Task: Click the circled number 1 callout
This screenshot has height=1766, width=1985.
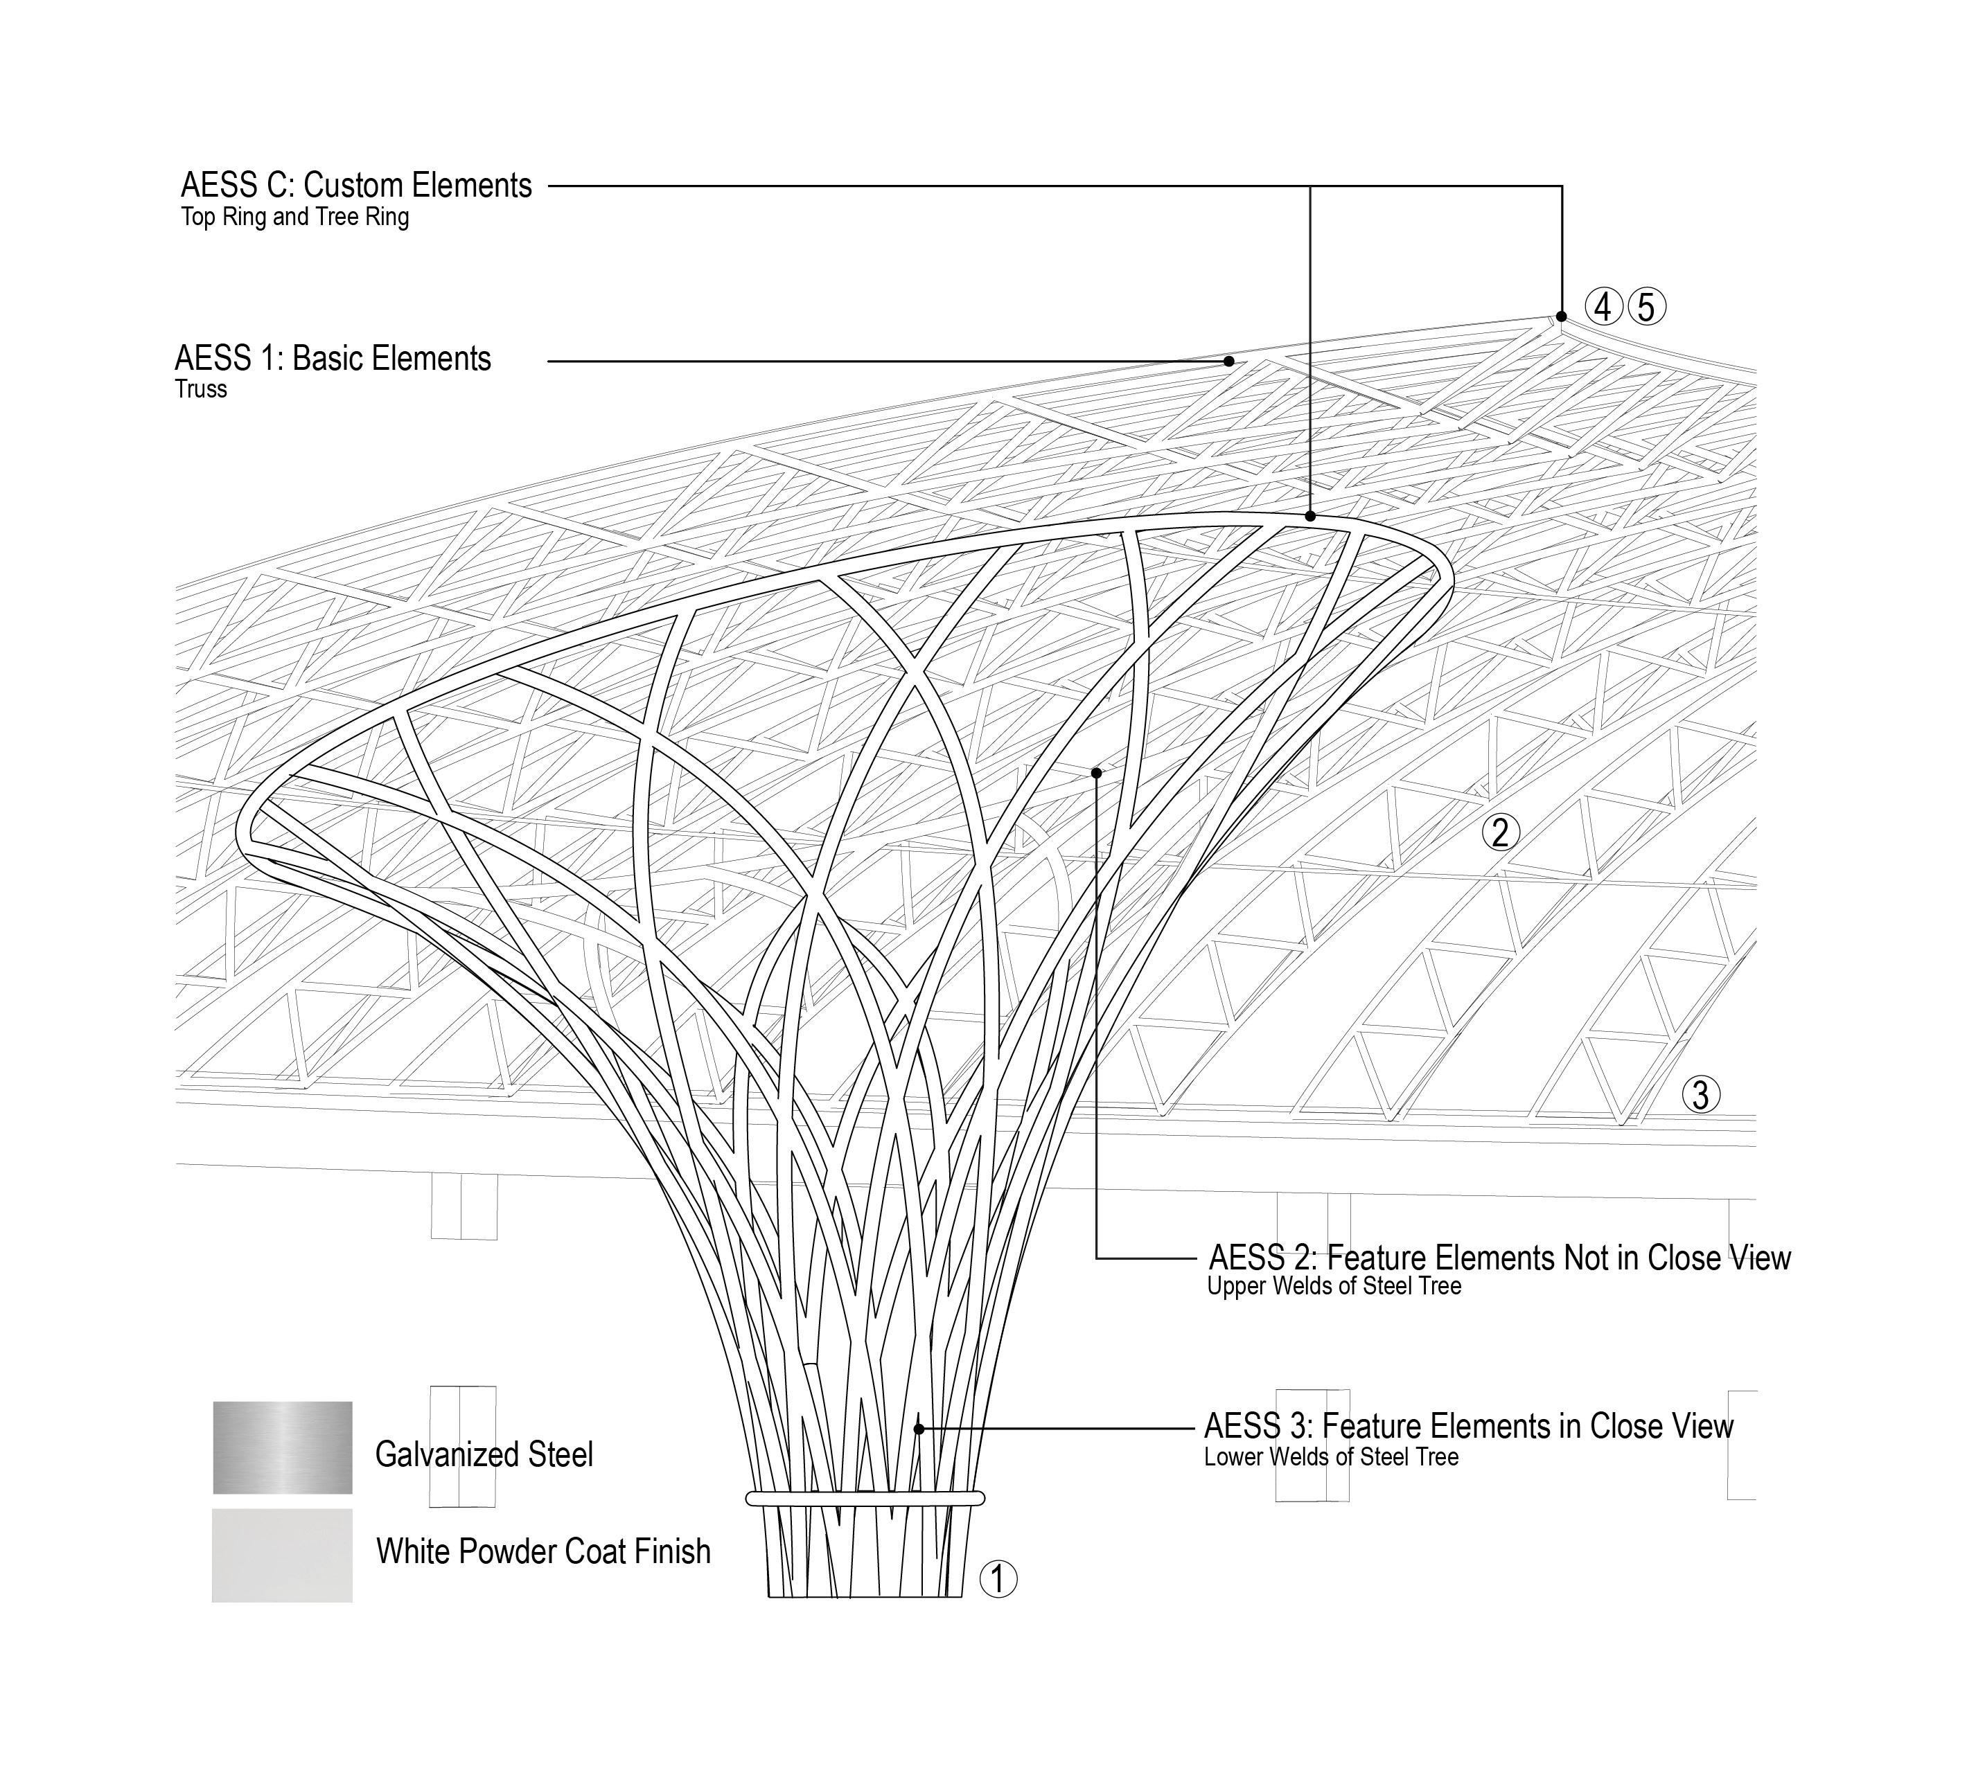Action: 998,1578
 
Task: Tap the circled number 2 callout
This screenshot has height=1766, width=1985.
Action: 1501,832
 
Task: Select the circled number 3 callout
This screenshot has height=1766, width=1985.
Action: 1700,1095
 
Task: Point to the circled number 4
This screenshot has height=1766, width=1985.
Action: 1603,307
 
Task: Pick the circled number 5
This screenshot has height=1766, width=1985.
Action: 1646,307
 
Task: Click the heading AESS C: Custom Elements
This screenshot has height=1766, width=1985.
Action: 355,186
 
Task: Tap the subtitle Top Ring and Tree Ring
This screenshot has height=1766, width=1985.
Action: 294,217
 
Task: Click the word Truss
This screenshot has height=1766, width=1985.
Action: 201,389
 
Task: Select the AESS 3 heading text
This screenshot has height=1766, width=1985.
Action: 1468,1426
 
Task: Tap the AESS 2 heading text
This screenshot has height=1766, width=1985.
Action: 1499,1258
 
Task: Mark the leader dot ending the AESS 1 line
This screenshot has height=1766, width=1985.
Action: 1228,361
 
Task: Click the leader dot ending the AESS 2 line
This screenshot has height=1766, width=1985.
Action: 1096,773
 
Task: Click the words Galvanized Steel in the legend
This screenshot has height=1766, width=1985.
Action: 484,1454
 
